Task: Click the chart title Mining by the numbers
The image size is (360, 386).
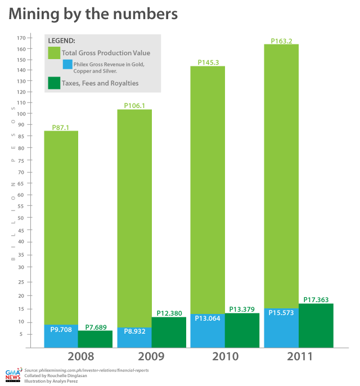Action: point(93,14)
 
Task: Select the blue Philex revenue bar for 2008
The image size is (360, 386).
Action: point(61,336)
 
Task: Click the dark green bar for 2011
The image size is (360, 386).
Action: point(316,326)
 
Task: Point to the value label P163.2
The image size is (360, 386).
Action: point(281,41)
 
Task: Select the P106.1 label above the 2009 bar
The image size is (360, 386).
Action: point(134,106)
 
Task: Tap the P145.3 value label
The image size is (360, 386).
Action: point(208,62)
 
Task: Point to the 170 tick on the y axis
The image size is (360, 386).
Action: point(21,38)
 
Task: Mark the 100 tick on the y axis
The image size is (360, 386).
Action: point(21,113)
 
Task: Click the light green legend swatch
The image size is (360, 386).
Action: point(54,53)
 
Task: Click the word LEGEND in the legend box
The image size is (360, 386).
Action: point(61,41)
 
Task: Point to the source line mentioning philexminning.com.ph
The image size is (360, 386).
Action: point(85,370)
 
